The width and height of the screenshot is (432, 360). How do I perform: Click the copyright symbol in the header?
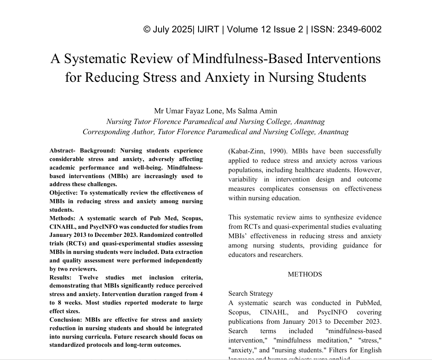pyautogui.click(x=147, y=29)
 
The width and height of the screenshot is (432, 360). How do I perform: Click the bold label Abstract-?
pyautogui.click(x=63, y=151)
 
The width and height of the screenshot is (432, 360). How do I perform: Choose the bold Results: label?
pyautogui.click(x=60, y=277)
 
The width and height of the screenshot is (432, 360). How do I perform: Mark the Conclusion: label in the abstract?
pyautogui.click(x=66, y=320)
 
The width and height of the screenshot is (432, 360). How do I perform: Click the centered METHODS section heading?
pyautogui.click(x=305, y=274)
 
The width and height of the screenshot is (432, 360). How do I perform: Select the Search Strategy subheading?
pyautogui.click(x=251, y=294)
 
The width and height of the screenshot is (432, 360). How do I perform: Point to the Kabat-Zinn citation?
pyautogui.click(x=245, y=151)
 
